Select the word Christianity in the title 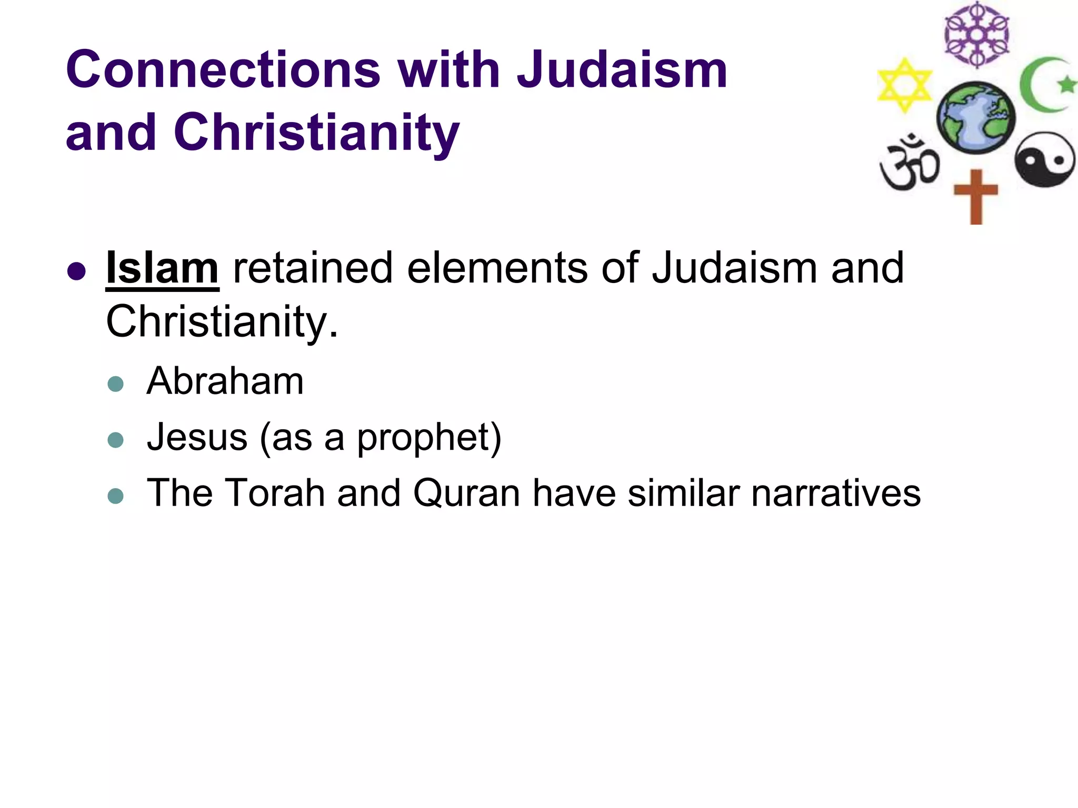click(317, 133)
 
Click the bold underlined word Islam click(162, 268)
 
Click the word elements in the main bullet click(497, 268)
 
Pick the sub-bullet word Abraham click(225, 381)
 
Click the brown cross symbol click(976, 196)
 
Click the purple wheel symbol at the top click(976, 35)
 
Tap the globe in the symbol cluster click(976, 117)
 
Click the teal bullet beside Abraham click(115, 383)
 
